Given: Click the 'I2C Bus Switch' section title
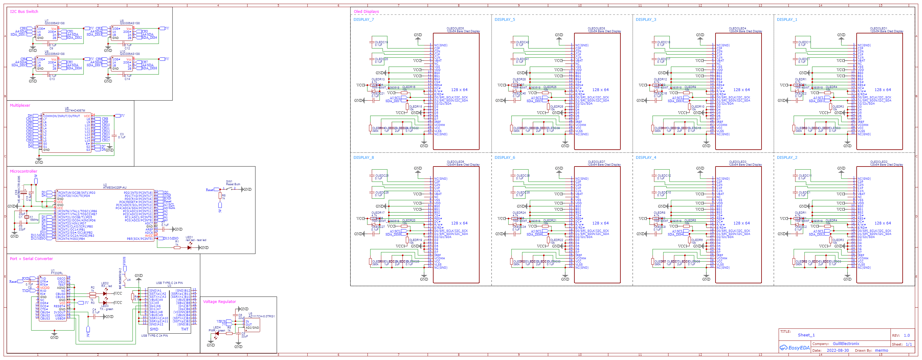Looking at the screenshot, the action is point(24,11).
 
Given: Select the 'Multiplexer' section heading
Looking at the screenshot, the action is point(20,105).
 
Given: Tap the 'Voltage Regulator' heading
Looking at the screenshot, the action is point(219,302).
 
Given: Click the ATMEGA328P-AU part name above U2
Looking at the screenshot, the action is point(114,188).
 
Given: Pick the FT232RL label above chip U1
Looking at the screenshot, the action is point(57,273).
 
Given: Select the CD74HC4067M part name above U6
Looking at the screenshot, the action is point(75,111).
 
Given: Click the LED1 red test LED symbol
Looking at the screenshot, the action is point(189,247).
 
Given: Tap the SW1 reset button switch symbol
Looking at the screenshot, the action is point(230,189).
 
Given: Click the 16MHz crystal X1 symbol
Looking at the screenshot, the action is point(27,217).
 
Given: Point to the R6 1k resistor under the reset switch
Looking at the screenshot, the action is point(220,195).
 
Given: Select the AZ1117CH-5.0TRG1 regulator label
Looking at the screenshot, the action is point(262,316).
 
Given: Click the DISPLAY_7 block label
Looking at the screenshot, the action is point(363,20).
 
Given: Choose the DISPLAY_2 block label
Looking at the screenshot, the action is point(787,157).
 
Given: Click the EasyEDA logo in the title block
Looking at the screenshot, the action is point(795,347).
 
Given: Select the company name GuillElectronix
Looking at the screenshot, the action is point(846,343).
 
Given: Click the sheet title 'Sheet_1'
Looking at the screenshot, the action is point(806,335).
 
